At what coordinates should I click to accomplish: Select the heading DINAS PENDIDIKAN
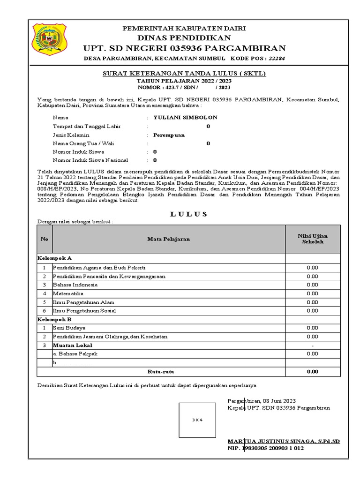184,38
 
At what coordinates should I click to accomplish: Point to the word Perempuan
169,135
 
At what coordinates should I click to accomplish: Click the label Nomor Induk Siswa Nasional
87,160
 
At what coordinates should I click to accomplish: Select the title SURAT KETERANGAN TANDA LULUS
184,74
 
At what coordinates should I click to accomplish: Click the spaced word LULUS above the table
184,214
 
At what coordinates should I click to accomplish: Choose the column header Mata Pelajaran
169,239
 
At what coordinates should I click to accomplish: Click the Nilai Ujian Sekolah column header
312,239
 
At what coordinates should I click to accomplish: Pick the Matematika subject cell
68,293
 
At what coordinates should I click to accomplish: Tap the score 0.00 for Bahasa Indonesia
312,285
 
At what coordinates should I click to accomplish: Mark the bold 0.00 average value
312,371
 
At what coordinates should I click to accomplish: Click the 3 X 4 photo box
197,420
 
